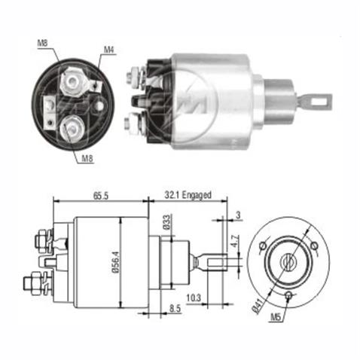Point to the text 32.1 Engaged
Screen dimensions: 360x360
(x=188, y=194)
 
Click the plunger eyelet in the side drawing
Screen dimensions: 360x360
(x=212, y=262)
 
